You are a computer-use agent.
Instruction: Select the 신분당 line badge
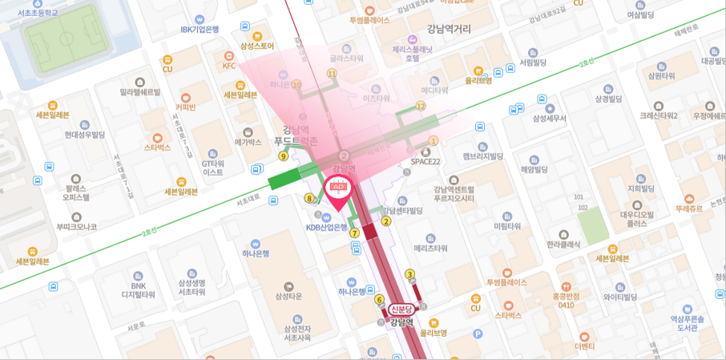point(401,309)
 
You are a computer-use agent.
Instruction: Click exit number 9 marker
point(283,156)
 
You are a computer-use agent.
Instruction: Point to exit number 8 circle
point(309,198)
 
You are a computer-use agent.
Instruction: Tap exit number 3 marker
point(409,274)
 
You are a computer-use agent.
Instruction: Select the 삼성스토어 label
point(256,46)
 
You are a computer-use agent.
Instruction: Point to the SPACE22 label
point(426,161)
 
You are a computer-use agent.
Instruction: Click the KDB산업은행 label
point(326,227)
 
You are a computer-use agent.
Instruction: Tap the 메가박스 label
point(248,142)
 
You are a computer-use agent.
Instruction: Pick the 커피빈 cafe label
point(185,107)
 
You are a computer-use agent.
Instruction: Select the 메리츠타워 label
point(430,248)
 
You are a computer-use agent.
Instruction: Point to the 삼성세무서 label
point(549,118)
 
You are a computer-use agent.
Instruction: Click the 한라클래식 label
point(563,244)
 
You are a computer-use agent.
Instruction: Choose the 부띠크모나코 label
point(76,227)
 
